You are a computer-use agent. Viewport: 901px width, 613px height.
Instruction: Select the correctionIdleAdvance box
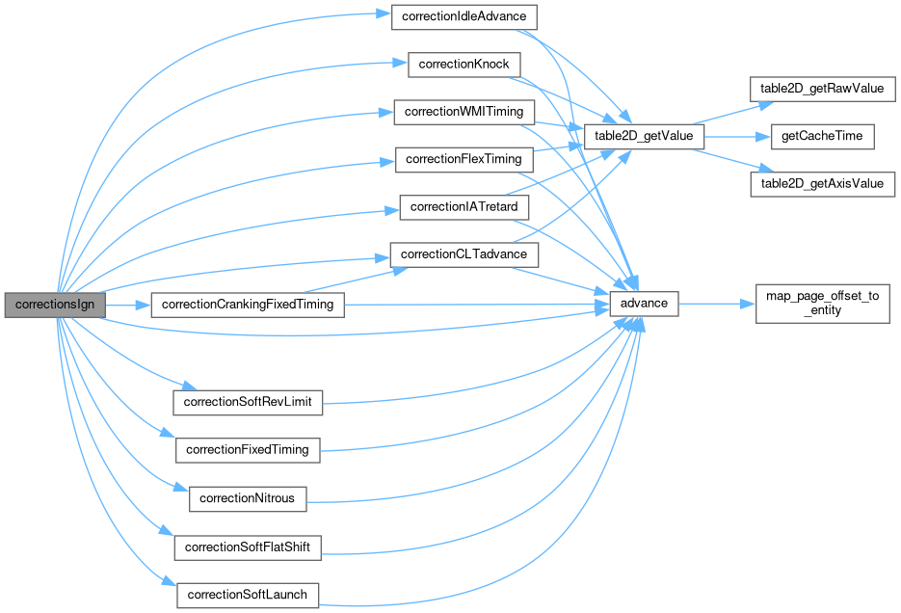point(464,16)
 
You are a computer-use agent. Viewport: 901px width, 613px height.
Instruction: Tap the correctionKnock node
point(464,65)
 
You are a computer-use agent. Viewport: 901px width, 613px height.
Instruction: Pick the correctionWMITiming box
point(464,112)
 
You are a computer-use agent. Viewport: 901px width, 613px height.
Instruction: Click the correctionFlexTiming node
point(464,159)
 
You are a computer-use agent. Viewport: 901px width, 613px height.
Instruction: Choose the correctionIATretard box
point(464,207)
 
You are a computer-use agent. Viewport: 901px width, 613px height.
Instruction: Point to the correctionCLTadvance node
point(464,254)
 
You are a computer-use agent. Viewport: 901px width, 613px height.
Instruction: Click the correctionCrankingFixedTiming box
point(248,305)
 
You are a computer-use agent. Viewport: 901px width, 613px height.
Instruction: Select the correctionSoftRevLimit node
point(248,402)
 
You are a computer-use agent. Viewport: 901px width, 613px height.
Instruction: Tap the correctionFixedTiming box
point(248,450)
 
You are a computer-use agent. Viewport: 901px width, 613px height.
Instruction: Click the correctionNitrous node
point(248,498)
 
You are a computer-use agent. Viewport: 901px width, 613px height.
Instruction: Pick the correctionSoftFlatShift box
point(248,547)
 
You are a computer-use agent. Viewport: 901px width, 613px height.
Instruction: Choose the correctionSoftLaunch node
point(248,595)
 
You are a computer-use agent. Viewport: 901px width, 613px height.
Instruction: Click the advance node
point(645,303)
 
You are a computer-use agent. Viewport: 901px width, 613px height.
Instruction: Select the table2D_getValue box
point(644,136)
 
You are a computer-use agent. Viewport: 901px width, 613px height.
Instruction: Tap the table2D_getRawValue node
point(822,89)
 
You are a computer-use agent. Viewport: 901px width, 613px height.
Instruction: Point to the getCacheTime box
point(822,136)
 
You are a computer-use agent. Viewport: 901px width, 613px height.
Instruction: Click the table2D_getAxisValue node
point(822,183)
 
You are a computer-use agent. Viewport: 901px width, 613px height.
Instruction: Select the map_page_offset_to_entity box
point(822,303)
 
